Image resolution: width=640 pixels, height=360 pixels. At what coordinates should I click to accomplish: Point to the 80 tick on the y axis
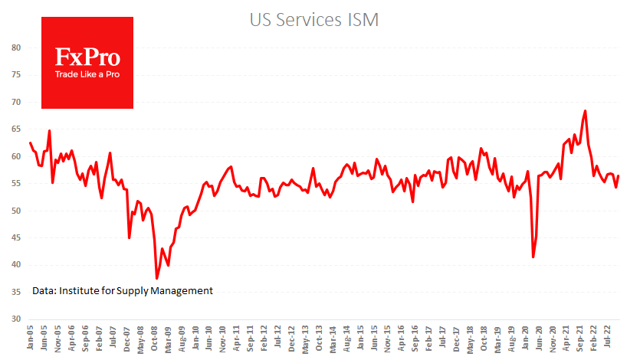pyautogui.click(x=16, y=48)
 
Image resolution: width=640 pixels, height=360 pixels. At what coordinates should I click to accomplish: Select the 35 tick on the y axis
pyautogui.click(x=16, y=292)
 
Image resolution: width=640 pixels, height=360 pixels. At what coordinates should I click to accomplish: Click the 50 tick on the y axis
pyautogui.click(x=16, y=211)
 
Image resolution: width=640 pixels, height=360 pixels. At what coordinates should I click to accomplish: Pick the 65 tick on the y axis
pyautogui.click(x=16, y=129)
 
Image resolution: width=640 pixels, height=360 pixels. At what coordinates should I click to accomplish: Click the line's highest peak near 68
pyautogui.click(x=586, y=111)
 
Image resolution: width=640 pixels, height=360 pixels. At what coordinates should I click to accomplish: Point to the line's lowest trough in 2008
pyautogui.click(x=156, y=279)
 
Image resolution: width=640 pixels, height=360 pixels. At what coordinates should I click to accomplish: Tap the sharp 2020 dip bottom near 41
pyautogui.click(x=533, y=257)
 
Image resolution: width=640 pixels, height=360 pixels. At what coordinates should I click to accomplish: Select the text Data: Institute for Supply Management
pyautogui.click(x=123, y=291)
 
